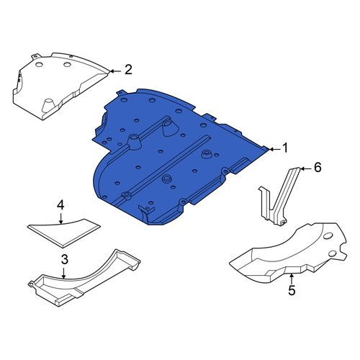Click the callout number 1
click(285, 148)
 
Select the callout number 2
click(128, 70)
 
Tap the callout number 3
click(65, 259)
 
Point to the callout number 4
click(60, 205)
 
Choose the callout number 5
click(292, 290)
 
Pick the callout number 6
click(318, 167)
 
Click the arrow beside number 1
click(274, 149)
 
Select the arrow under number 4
click(61, 218)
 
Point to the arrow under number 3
click(63, 273)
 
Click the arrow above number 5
click(291, 279)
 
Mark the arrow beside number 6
click(305, 169)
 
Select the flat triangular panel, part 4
click(65, 232)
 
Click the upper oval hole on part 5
click(328, 236)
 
